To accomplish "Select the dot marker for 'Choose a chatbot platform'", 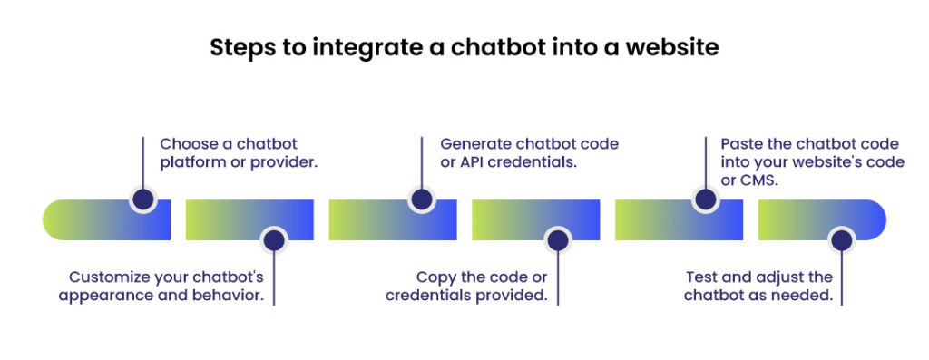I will pos(142,200).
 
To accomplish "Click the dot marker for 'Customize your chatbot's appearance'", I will pos(273,240).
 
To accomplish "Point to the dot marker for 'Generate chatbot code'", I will pos(422,200).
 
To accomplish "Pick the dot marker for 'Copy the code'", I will pos(557,240).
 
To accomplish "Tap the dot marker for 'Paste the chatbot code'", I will pos(705,200).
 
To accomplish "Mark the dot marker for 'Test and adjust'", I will pos(842,240).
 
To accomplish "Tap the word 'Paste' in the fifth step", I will pos(742,144).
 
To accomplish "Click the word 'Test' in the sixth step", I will pos(702,277).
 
